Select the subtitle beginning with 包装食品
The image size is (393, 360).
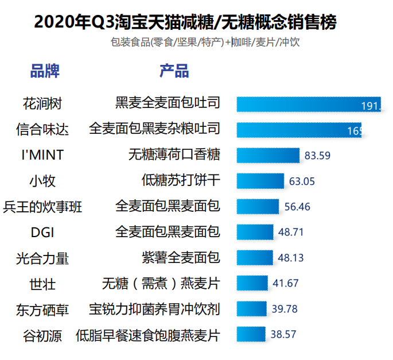205,42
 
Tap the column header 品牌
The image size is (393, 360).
45,72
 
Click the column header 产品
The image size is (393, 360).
174,72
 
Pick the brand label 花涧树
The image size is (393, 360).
42,104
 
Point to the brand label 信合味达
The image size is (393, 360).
42,129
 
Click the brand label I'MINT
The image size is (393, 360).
42,155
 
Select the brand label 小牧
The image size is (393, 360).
42,181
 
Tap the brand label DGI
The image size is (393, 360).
42,232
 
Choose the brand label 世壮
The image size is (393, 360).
42,284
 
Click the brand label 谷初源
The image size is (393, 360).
42,335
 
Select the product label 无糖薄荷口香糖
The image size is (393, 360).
174,155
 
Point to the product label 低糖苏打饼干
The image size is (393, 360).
180,181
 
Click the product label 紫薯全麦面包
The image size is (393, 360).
180,258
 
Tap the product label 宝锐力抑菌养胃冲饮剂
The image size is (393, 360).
154,309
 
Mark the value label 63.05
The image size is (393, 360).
302,181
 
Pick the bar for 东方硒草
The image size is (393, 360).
252,309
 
